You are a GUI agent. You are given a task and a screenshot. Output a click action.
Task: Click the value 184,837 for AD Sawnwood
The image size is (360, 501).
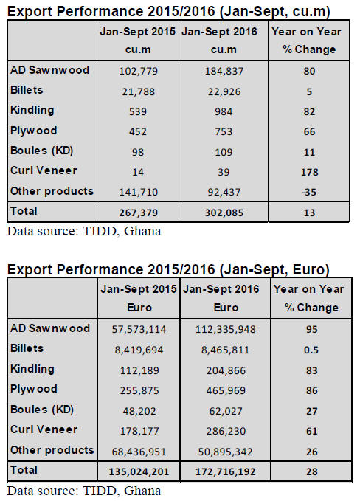click(224, 71)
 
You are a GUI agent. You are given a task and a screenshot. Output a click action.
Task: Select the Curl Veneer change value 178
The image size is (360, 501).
click(309, 172)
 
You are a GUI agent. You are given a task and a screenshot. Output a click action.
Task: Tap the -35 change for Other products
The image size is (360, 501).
click(309, 193)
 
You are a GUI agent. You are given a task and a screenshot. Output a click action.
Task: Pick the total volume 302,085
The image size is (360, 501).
click(224, 213)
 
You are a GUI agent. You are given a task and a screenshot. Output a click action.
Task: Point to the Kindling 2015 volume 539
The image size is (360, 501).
click(138, 112)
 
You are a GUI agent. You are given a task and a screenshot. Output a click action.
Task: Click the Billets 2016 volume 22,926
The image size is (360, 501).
click(224, 92)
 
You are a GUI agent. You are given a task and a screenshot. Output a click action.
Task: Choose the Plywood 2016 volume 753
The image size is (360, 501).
click(224, 131)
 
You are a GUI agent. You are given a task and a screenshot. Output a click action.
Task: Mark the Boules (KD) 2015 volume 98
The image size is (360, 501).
click(138, 152)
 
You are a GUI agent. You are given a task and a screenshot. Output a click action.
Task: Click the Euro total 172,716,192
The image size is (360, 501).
click(226, 472)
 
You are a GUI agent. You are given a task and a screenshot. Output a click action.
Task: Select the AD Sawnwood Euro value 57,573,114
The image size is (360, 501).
click(139, 329)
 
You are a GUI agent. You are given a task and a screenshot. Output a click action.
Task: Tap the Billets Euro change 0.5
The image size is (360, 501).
click(311, 350)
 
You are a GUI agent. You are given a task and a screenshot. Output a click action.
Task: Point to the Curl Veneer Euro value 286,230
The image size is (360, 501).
click(226, 432)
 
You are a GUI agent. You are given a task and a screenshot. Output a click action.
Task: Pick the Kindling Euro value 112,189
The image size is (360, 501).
click(139, 370)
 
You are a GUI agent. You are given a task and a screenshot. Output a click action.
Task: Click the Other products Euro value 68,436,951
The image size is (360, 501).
click(139, 452)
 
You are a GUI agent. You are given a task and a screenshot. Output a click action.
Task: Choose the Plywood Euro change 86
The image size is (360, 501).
click(312, 391)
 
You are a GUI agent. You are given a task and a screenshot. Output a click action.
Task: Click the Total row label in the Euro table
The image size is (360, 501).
click(24, 470)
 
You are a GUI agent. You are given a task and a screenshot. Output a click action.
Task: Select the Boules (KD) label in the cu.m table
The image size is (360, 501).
click(42, 151)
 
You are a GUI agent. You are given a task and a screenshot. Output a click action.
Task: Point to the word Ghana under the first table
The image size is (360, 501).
click(142, 231)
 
